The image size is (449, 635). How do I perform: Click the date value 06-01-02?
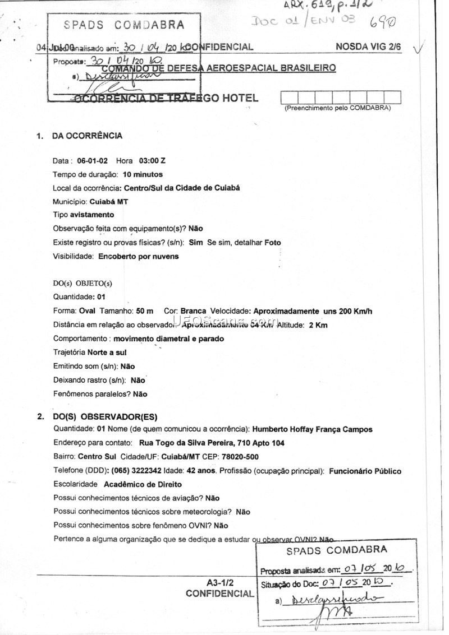pos(93,160)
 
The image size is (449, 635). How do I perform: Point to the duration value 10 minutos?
pos(143,174)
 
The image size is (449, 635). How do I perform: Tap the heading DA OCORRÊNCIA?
pos(87,136)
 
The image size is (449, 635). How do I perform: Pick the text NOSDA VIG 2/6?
pos(368,47)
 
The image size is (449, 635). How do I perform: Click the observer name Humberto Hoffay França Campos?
pos(312,430)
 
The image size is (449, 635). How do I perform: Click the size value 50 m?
pos(144,311)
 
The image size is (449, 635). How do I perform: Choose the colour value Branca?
pos(193,311)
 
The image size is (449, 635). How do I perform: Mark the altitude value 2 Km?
pos(318,325)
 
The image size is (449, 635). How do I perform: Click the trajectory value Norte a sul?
pos(107,353)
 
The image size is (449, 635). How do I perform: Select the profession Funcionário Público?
pos(365,471)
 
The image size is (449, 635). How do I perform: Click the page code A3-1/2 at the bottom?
pos(219,582)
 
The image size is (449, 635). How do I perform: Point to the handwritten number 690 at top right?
pos(383,23)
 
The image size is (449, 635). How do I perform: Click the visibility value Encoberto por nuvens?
pos(139,257)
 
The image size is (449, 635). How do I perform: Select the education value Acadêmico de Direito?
pos(143,484)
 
